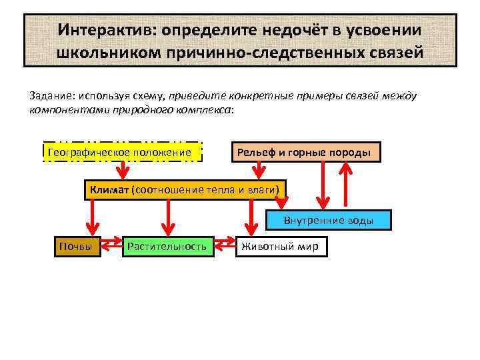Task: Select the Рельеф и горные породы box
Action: tap(306, 153)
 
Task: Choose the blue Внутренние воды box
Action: tap(329, 220)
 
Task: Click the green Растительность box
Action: tap(167, 247)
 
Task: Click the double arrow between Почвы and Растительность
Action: tap(112, 247)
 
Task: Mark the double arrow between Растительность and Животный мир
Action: tap(225, 247)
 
